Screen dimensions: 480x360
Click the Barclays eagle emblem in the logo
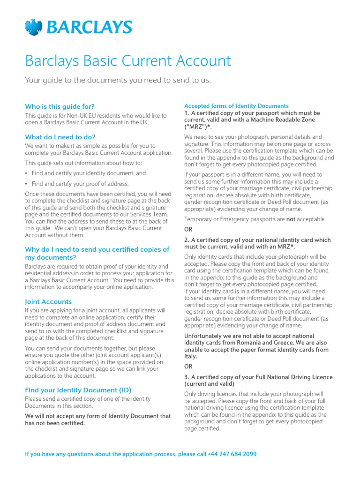pyautogui.click(x=34, y=27)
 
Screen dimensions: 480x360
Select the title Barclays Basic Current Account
pyautogui.click(x=127, y=61)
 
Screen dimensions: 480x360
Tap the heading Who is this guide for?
pyautogui.click(x=60, y=106)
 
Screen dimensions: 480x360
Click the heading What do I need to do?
pyautogui.click(x=60, y=137)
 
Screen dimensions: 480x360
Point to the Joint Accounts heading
pyautogui.click(x=48, y=301)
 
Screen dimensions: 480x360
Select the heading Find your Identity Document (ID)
pyautogui.click(x=78, y=390)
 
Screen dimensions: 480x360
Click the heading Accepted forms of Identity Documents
pyautogui.click(x=236, y=106)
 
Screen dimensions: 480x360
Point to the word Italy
pyautogui.click(x=190, y=356)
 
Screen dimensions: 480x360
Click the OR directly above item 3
pyautogui.click(x=188, y=367)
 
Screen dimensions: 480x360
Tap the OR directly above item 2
pyautogui.click(x=188, y=229)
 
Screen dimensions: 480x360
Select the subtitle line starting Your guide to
pyautogui.click(x=118, y=80)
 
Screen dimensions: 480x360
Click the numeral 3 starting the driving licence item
pyautogui.click(x=186, y=377)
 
